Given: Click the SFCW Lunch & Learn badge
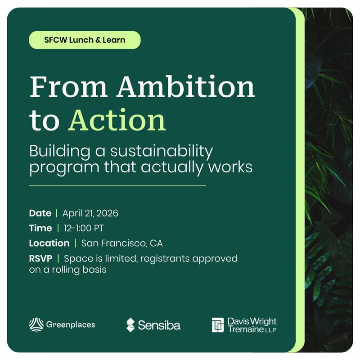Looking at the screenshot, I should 85,40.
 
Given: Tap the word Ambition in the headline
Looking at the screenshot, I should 186,87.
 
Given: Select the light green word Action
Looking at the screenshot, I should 117,120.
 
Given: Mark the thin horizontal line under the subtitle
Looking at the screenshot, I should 117,185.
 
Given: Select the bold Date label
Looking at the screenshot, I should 40,213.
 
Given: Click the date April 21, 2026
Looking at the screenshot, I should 90,213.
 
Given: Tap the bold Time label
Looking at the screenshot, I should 40,228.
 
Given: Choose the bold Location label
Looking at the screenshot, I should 49,243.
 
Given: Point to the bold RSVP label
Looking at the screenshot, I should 40,259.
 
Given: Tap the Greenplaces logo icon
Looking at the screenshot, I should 36,324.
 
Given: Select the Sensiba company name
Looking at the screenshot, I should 159,325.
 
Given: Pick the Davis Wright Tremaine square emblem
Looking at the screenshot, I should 218,325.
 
